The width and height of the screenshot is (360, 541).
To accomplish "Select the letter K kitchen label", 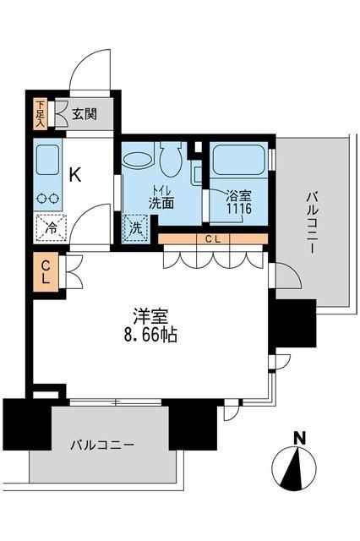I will [x=74, y=176].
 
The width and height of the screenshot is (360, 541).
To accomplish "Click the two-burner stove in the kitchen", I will [x=46, y=199].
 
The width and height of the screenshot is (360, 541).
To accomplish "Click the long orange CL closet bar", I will [x=212, y=239].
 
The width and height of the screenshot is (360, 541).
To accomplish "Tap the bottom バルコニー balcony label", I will [x=102, y=445].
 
